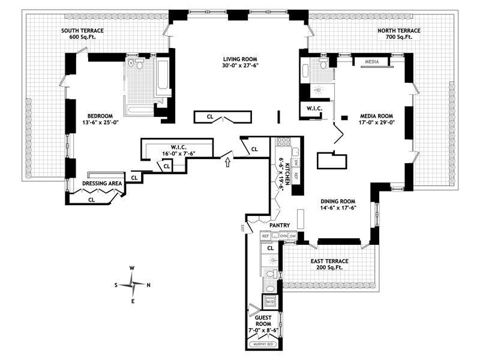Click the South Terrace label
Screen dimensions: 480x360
coord(84,33)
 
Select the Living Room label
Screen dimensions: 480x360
coord(240,62)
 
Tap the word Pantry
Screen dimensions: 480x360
coord(280,226)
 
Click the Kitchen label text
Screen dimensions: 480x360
coord(287,172)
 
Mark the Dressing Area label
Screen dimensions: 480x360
coord(102,183)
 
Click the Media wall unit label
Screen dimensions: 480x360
coord(373,61)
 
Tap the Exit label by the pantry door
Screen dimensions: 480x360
coord(242,227)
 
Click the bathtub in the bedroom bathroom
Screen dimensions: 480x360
coord(161,82)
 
